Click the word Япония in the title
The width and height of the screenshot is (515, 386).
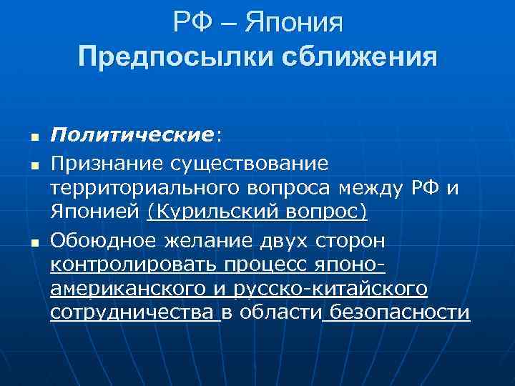point(293,24)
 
